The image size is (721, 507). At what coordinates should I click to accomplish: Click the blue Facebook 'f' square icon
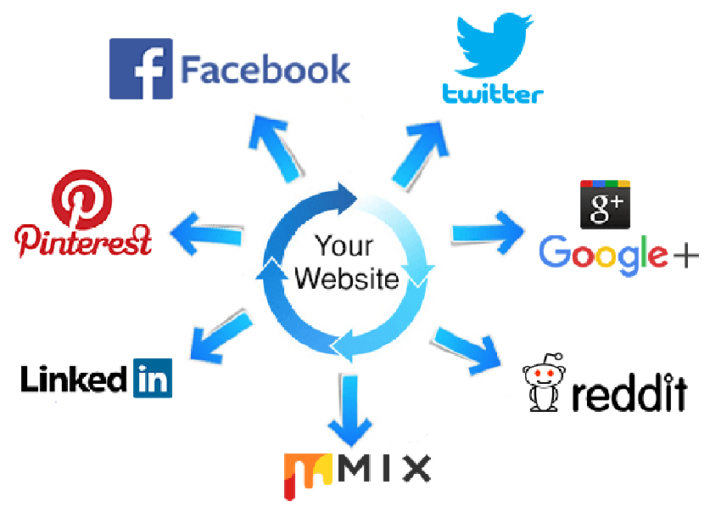tap(141, 68)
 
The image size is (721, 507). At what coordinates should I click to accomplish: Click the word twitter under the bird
tap(493, 93)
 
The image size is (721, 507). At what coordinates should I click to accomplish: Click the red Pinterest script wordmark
tap(84, 240)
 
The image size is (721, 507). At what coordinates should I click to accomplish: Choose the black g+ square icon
tap(605, 204)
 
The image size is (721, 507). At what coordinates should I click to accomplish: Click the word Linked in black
tap(75, 379)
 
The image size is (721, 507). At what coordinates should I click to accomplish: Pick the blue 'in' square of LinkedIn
tap(152, 378)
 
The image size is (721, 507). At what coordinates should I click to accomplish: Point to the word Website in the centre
tap(346, 278)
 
